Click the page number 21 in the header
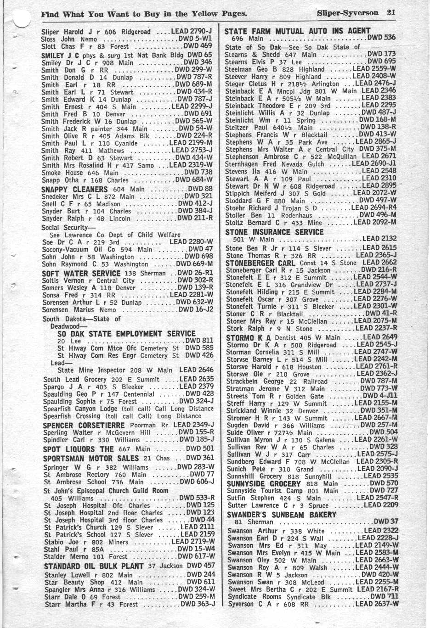(390, 12)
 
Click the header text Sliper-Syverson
(347, 13)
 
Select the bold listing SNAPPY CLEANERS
(74, 189)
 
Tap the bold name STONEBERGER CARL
(260, 263)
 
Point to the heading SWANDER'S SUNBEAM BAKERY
(282, 515)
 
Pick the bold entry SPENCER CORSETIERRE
(84, 425)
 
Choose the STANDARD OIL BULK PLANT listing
(94, 566)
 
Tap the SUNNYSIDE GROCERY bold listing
(264, 483)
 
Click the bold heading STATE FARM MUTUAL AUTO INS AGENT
(297, 31)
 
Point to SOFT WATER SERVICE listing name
(81, 273)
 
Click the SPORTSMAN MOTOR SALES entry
(91, 458)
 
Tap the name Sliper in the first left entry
(50, 32)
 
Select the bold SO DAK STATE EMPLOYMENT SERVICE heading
(126, 334)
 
